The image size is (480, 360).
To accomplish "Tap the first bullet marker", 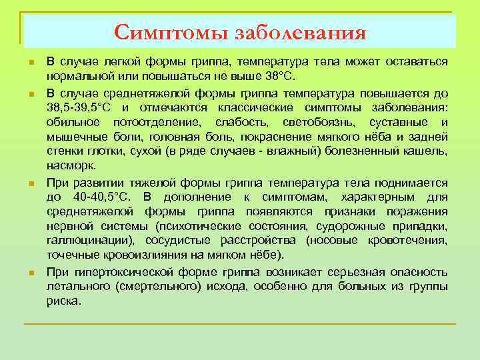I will [x=31, y=63].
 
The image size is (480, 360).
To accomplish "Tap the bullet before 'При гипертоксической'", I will [x=31, y=273].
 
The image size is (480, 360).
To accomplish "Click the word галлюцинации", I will [x=89, y=241].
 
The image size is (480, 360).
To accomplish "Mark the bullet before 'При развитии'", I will [x=31, y=183].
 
